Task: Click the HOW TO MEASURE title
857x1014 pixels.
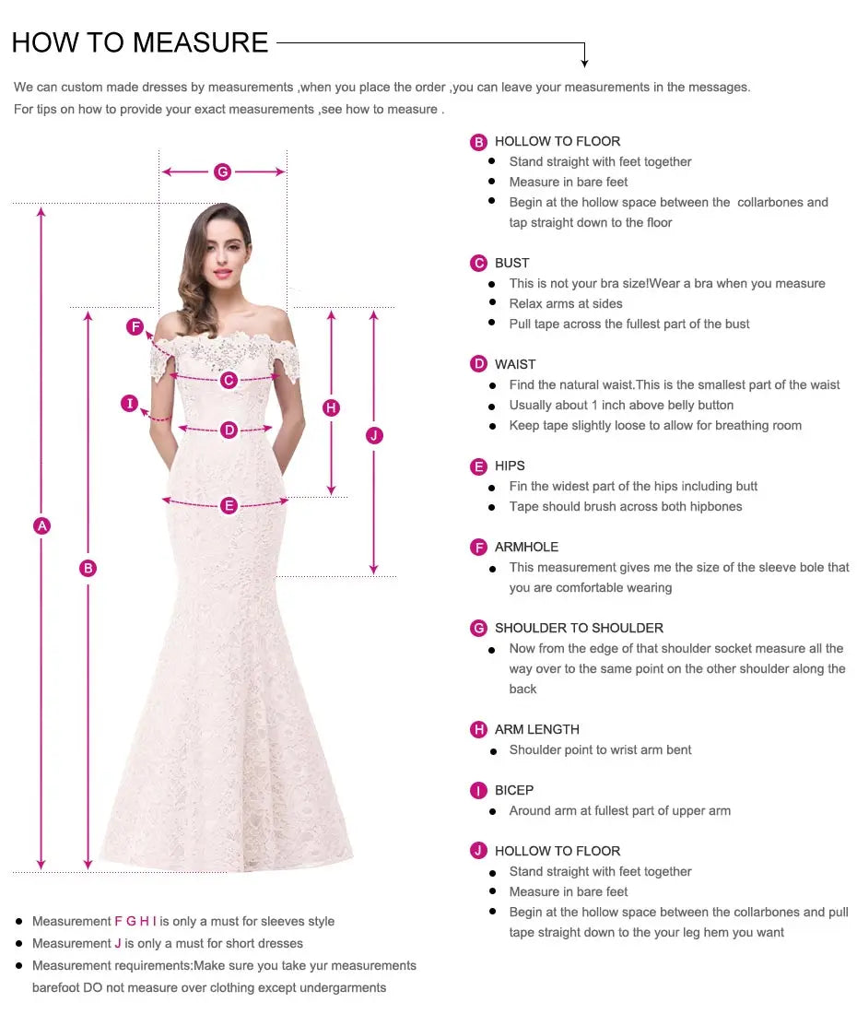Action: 140,42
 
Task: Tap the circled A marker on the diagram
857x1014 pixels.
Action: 41,525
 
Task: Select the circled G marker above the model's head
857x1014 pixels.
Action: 222,171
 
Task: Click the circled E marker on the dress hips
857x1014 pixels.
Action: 229,505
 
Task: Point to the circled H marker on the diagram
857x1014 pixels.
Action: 332,407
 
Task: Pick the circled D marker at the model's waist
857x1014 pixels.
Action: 229,430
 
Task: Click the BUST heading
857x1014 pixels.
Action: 511,263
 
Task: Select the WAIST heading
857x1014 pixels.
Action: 514,364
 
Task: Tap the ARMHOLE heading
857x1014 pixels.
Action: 526,547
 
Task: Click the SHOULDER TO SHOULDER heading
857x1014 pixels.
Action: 579,628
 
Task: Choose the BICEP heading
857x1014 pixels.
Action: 513,790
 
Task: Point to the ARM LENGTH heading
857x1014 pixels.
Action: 536,729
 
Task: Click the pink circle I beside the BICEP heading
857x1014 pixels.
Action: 478,791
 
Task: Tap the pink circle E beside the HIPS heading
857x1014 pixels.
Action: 478,466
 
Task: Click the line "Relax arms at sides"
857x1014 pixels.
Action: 566,303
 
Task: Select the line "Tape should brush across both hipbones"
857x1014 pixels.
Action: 625,506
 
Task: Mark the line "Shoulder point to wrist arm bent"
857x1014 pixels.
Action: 600,749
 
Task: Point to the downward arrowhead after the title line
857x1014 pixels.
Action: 584,63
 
